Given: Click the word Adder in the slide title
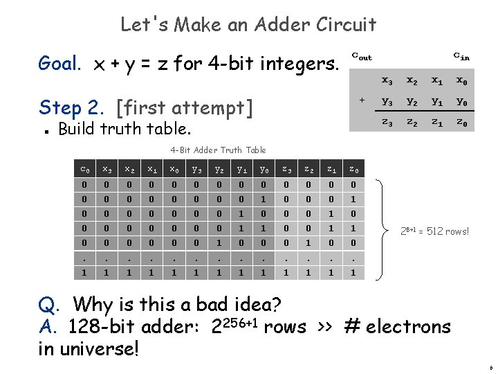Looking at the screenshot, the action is (284, 25).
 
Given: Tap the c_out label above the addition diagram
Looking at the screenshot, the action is (361, 57).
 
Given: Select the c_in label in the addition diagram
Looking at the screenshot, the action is (461, 56).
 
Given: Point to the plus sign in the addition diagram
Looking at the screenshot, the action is (362, 100).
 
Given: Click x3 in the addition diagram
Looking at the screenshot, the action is (388, 80).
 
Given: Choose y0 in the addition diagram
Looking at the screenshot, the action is (461, 101).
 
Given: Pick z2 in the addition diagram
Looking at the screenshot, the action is (412, 122).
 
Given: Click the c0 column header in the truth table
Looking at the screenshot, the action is (84, 169).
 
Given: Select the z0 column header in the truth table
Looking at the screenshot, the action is (353, 169).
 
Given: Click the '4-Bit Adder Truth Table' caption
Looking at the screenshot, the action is (218, 150).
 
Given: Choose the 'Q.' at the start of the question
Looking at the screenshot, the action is (50, 304).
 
